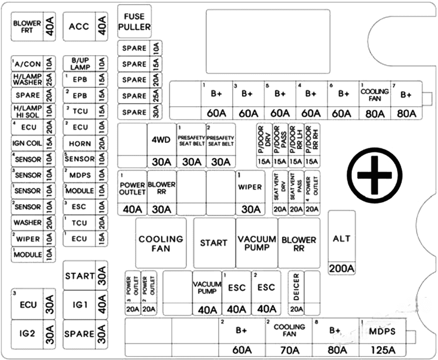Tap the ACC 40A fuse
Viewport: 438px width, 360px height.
click(86, 26)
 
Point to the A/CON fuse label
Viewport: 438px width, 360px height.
click(28, 64)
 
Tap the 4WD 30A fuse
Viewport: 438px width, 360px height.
click(161, 146)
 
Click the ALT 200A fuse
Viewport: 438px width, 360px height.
click(342, 243)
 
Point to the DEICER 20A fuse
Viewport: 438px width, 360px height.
click(296, 292)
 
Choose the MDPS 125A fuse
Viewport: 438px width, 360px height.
click(383, 337)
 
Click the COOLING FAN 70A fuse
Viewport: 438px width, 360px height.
click(289, 337)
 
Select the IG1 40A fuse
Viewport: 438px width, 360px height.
click(86, 305)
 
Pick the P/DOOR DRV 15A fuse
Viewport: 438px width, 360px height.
click(265, 145)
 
